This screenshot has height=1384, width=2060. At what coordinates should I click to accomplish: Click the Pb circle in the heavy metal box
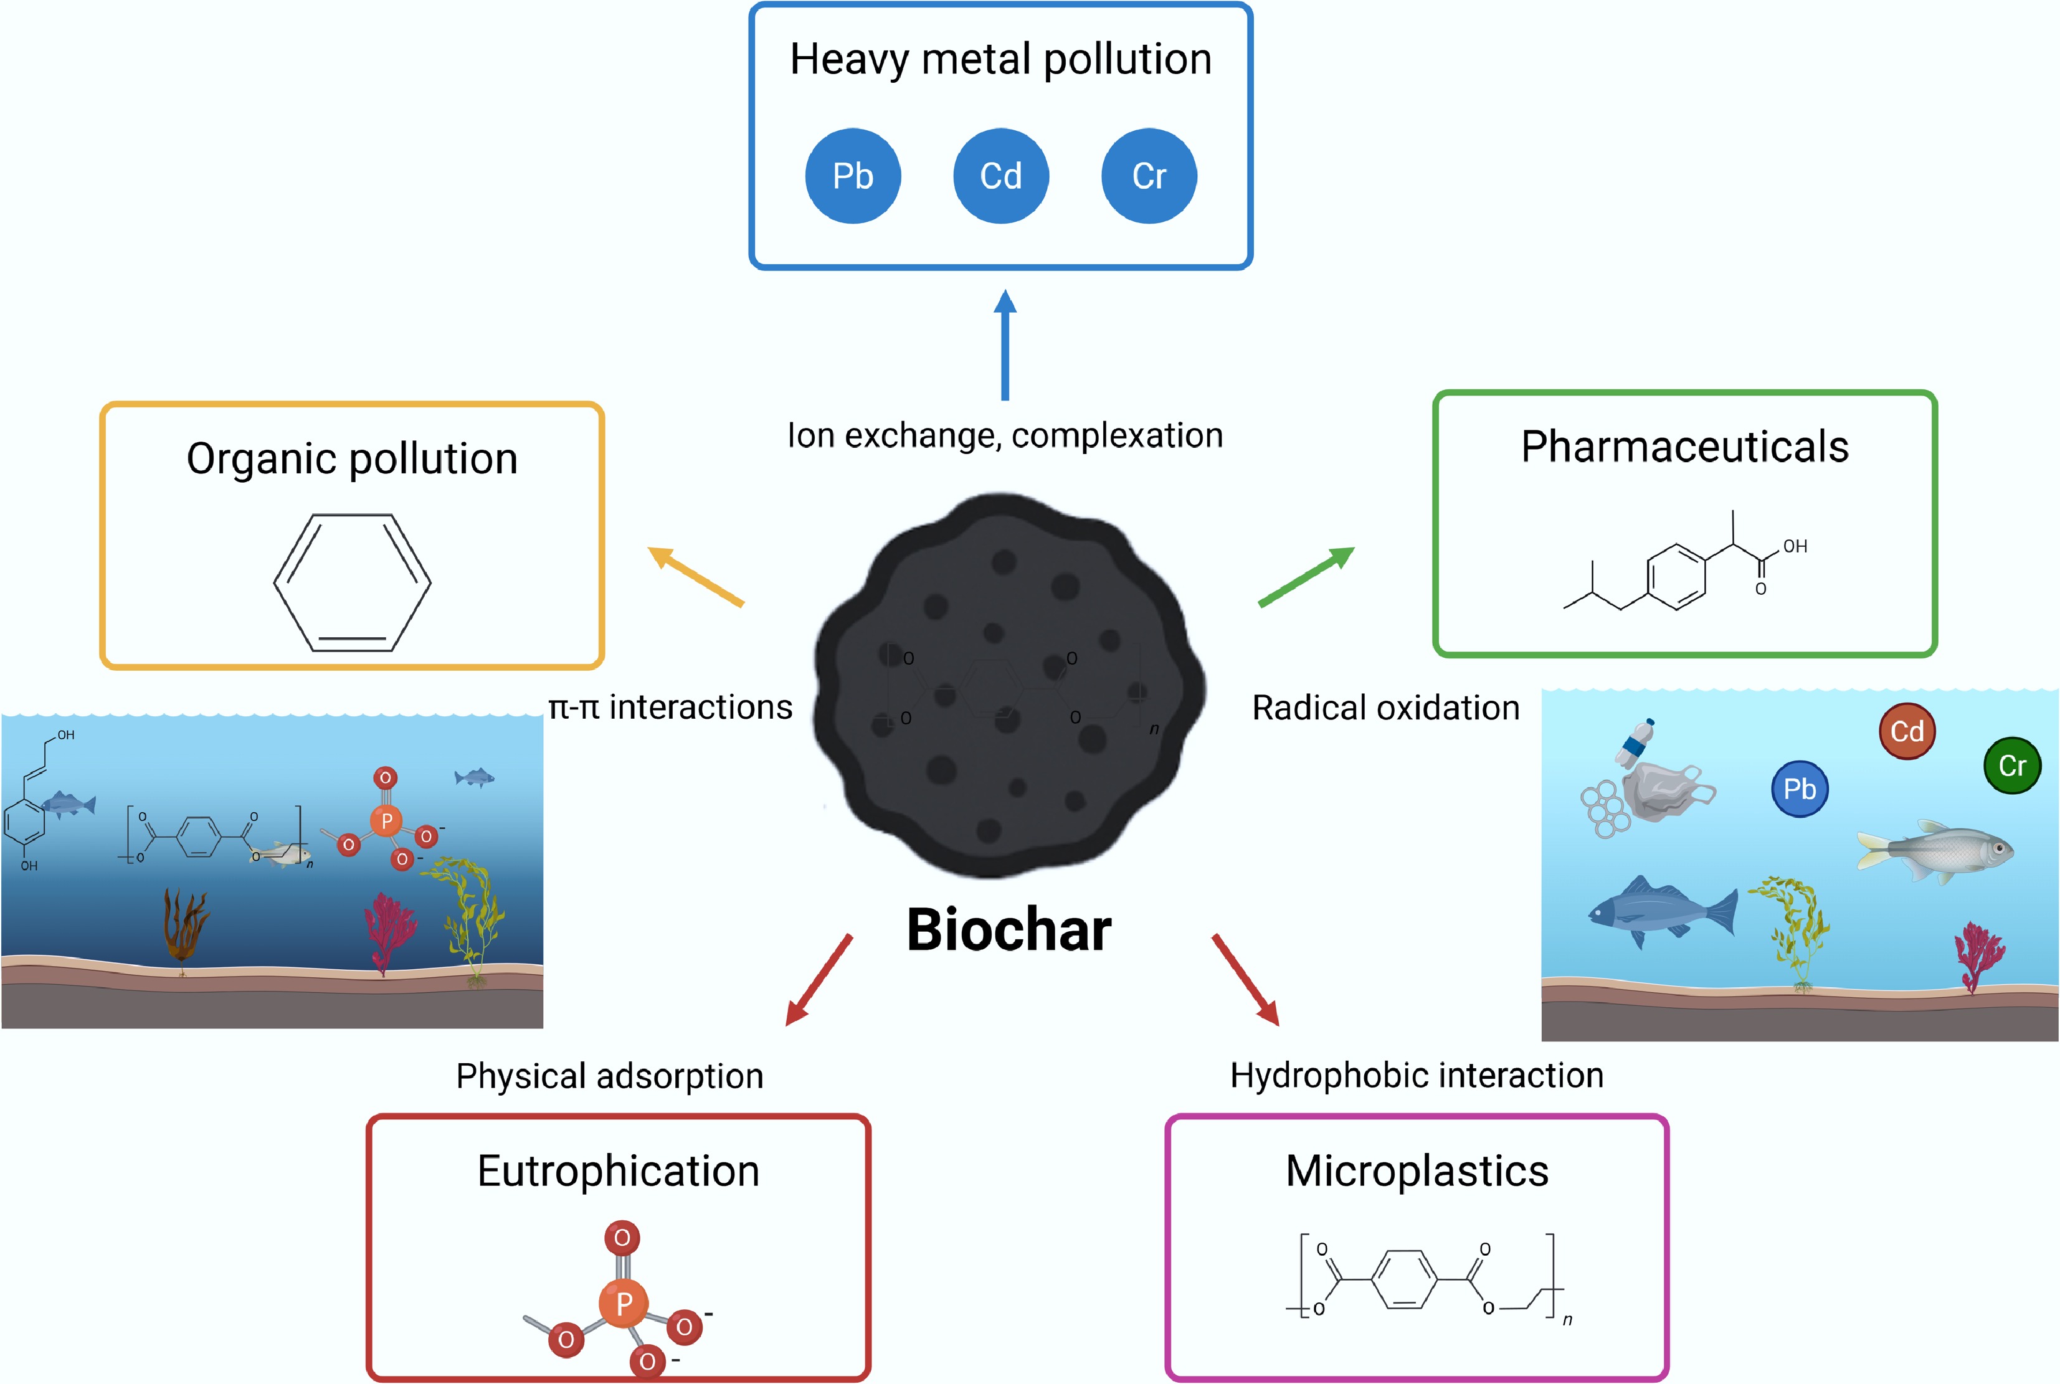click(x=853, y=176)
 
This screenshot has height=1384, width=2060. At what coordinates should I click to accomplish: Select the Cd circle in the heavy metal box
click(x=1001, y=176)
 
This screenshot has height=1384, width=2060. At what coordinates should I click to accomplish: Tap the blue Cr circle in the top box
click(x=1149, y=176)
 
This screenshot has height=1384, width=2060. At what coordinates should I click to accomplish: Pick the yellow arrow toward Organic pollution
click(x=696, y=576)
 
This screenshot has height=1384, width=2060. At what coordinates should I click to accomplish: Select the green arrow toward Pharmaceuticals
click(x=1306, y=576)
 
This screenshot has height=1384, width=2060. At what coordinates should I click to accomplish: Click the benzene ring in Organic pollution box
click(x=352, y=582)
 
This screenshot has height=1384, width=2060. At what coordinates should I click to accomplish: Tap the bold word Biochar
click(x=1009, y=931)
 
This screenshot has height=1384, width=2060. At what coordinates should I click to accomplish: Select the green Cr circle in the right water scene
click(x=2012, y=765)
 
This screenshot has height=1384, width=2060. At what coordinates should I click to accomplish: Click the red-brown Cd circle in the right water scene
click(x=1907, y=731)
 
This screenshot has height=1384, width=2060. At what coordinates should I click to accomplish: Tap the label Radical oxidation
click(x=1386, y=708)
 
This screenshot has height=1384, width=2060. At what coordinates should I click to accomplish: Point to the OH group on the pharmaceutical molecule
click(x=1795, y=546)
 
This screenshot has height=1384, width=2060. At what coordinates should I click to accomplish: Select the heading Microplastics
click(x=1417, y=1171)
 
